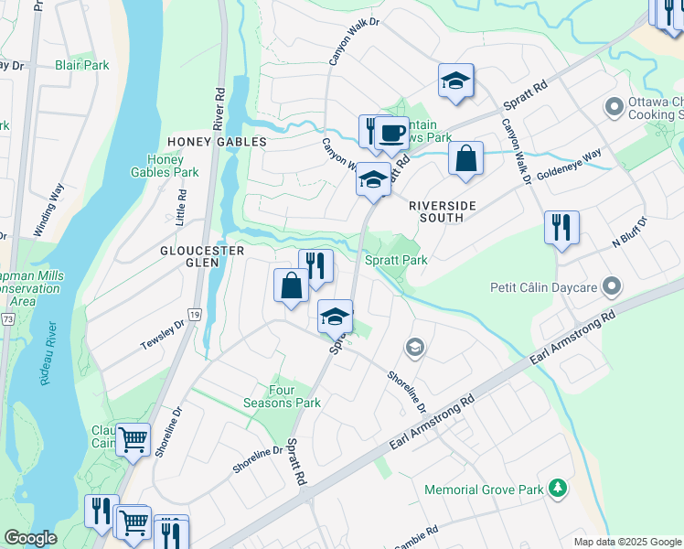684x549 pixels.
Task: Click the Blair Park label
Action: [81, 65]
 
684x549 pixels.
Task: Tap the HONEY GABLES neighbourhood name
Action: [217, 142]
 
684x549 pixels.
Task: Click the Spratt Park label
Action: [397, 260]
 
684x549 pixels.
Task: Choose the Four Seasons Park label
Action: [282, 395]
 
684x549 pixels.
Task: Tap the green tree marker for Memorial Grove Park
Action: [557, 490]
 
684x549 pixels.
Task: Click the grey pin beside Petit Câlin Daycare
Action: [613, 287]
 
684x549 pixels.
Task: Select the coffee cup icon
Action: [391, 134]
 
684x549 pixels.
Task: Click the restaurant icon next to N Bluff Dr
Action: [561, 227]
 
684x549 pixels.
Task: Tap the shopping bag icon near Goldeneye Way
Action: [465, 158]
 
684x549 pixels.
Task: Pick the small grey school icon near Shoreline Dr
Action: [414, 347]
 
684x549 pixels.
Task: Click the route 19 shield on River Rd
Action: [194, 314]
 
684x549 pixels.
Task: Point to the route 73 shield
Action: [7, 318]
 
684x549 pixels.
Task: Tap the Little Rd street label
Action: [181, 208]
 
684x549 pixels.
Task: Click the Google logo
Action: [30, 538]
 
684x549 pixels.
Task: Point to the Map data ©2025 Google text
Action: [626, 542]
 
